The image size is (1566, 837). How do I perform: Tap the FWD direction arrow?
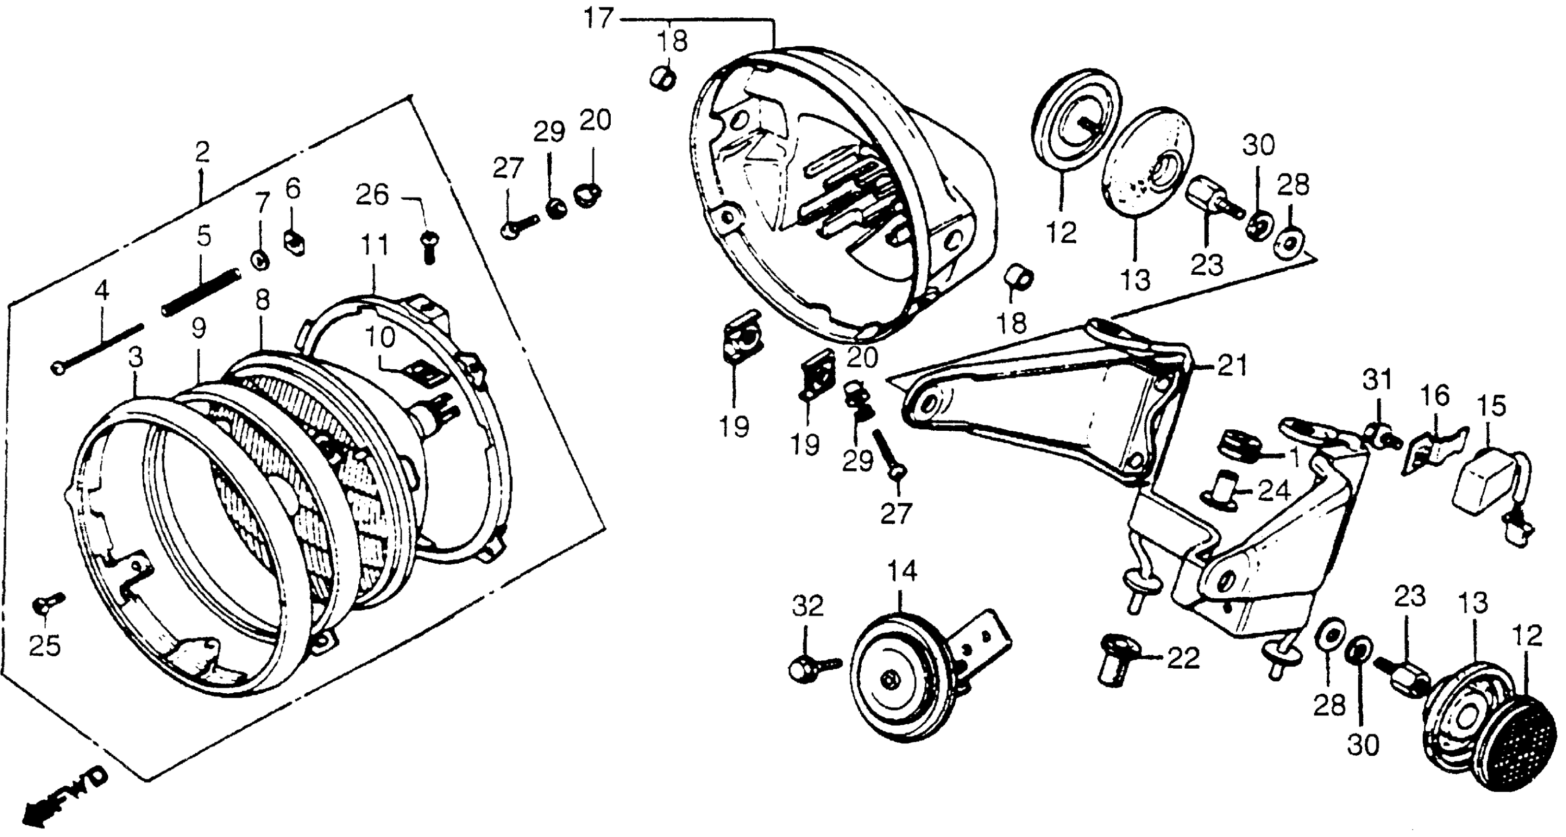pyautogui.click(x=64, y=797)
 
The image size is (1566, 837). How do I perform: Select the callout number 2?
pyautogui.click(x=202, y=152)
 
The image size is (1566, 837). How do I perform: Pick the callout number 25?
pyautogui.click(x=45, y=646)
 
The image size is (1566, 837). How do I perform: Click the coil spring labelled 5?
pyautogui.click(x=201, y=292)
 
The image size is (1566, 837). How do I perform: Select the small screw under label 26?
pyautogui.click(x=429, y=248)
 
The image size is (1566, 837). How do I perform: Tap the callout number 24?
pyautogui.click(x=1273, y=491)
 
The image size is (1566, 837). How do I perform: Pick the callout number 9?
pyautogui.click(x=198, y=329)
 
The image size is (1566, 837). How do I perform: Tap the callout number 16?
pyautogui.click(x=1435, y=397)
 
